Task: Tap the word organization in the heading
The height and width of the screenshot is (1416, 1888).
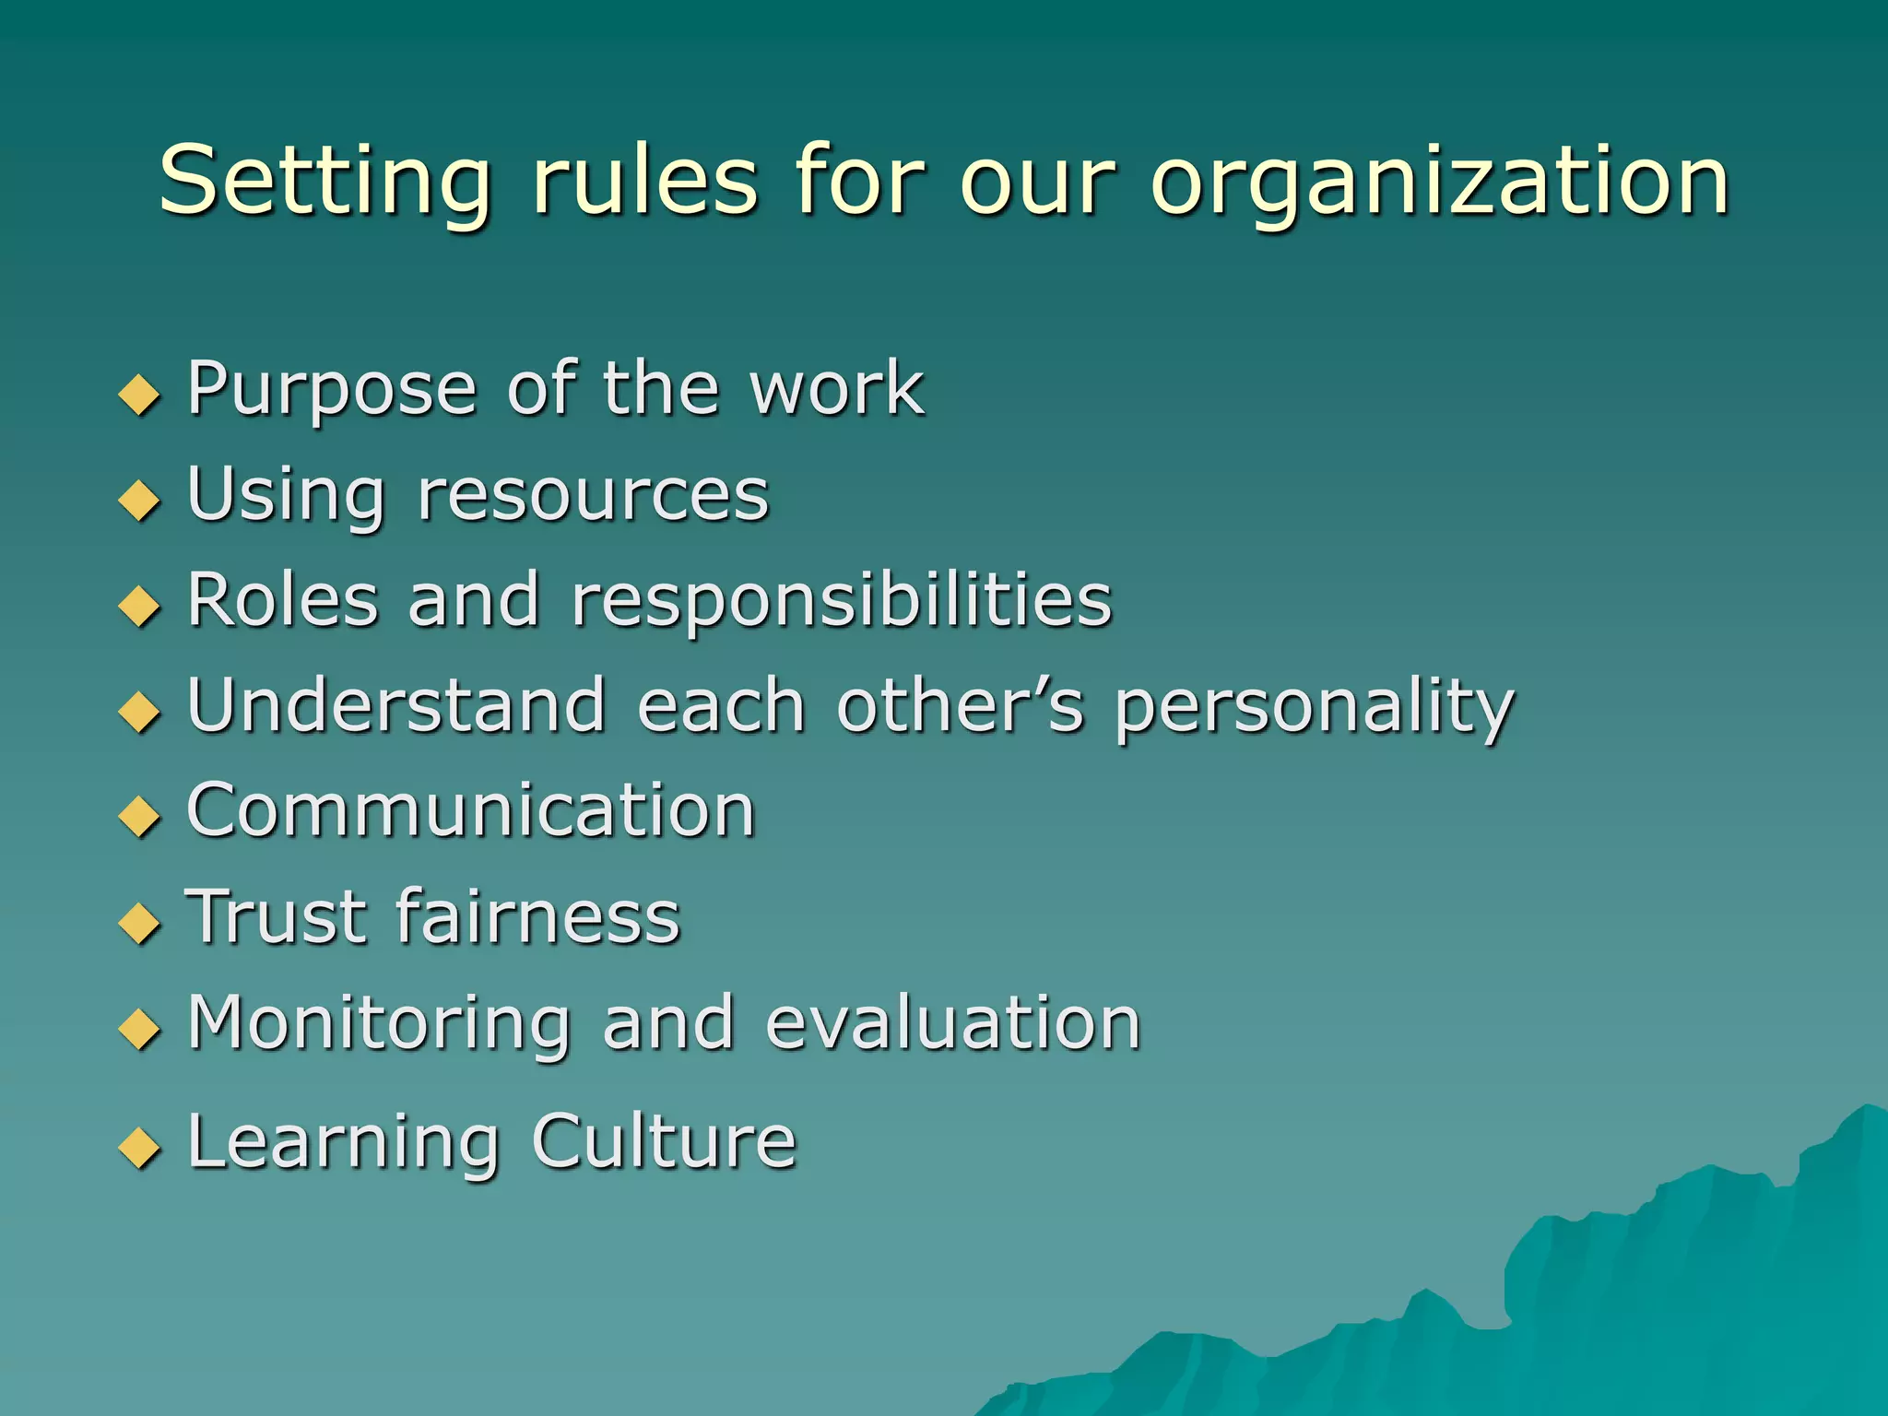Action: [x=1439, y=182]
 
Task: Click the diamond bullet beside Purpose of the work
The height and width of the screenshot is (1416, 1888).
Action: [x=140, y=395]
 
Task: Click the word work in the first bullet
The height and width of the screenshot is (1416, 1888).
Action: [x=836, y=388]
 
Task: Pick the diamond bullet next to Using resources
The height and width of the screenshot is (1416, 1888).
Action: [x=140, y=500]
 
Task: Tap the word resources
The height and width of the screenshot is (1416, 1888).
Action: [x=593, y=495]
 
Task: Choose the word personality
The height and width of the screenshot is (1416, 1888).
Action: [x=1315, y=708]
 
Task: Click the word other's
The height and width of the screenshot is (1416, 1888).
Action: [x=960, y=705]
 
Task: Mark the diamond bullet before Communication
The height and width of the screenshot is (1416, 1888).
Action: [x=140, y=816]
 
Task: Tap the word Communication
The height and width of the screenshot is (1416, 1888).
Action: [x=471, y=810]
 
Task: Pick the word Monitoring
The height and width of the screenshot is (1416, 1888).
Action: [x=379, y=1025]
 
